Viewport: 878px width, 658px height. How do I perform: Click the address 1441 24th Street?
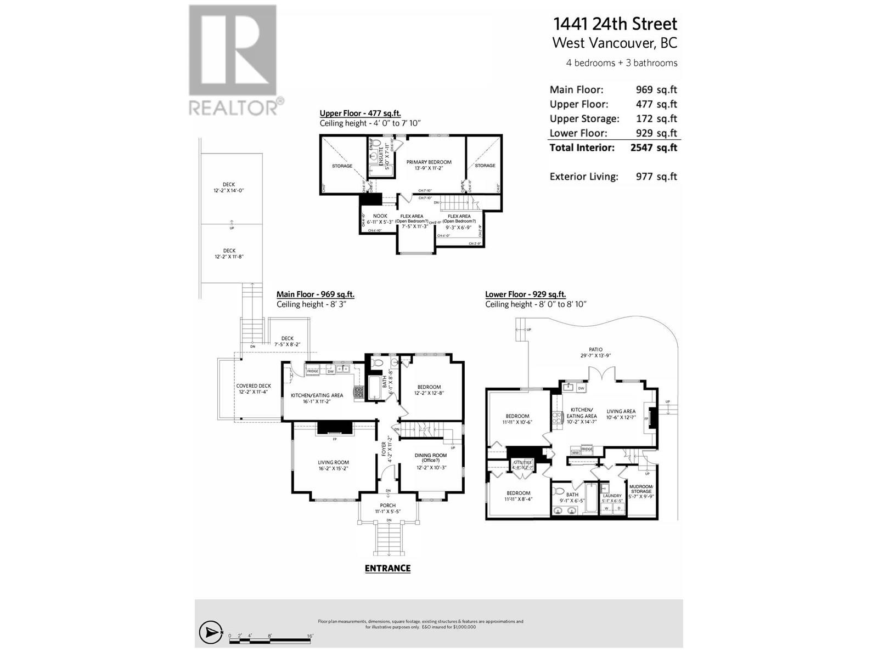[615, 24]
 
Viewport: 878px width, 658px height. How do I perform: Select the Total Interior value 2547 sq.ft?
[654, 148]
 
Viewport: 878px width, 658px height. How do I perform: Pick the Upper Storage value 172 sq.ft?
[656, 118]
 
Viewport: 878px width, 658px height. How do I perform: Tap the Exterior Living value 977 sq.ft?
[656, 177]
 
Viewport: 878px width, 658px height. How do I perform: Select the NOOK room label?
[380, 216]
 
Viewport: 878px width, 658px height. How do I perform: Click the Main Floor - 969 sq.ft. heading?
[315, 294]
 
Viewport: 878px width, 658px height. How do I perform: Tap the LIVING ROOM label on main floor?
[333, 462]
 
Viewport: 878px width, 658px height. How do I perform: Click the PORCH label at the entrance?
[387, 506]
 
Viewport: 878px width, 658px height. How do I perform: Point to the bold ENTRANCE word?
[387, 569]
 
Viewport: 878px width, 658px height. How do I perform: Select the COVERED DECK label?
[254, 386]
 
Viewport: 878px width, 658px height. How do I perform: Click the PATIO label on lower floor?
[595, 349]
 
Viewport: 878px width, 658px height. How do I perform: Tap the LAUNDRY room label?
[612, 496]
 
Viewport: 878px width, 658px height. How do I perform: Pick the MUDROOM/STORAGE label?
[641, 489]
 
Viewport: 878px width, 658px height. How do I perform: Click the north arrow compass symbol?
[210, 633]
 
